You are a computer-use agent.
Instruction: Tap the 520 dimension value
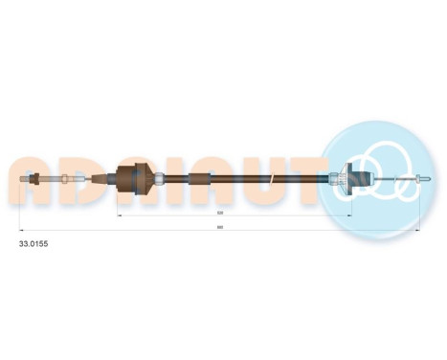tap(220, 213)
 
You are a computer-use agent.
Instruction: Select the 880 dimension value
tap(220, 228)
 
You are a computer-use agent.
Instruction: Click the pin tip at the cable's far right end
tap(423, 177)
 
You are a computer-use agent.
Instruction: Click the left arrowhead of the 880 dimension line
tap(23, 231)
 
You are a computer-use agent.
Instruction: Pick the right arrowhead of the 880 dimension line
tap(419, 231)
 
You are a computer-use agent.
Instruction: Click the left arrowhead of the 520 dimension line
tap(119, 215)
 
